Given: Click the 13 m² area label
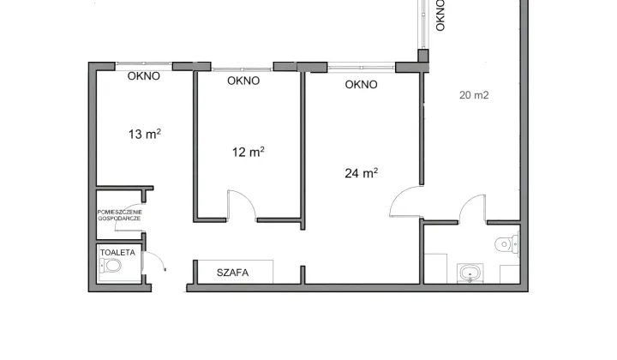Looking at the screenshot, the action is [x=145, y=135].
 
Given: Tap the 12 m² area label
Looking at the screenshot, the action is [x=248, y=152].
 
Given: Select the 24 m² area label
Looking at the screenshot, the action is [x=362, y=173].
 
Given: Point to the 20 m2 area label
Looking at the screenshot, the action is [x=474, y=95].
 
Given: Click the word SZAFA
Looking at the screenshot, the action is [x=232, y=273].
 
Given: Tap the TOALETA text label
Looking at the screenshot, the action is [x=117, y=253].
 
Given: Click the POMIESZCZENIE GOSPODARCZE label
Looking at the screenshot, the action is [x=120, y=215].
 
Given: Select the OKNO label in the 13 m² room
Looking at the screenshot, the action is [x=144, y=76].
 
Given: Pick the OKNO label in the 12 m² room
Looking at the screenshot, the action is [x=243, y=81].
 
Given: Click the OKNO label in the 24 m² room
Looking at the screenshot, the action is [x=362, y=85].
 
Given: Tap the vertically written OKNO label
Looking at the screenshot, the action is [x=440, y=15].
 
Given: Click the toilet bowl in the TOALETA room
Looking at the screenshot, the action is [x=111, y=266].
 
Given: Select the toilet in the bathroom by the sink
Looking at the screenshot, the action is [x=506, y=244].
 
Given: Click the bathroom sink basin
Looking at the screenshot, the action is [x=470, y=273].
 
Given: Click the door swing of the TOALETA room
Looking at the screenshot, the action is [x=155, y=259].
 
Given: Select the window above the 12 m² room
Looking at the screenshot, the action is [x=242, y=69].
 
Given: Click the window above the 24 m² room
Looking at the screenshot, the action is [x=362, y=68].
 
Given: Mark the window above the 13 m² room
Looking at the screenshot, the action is [x=144, y=63].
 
